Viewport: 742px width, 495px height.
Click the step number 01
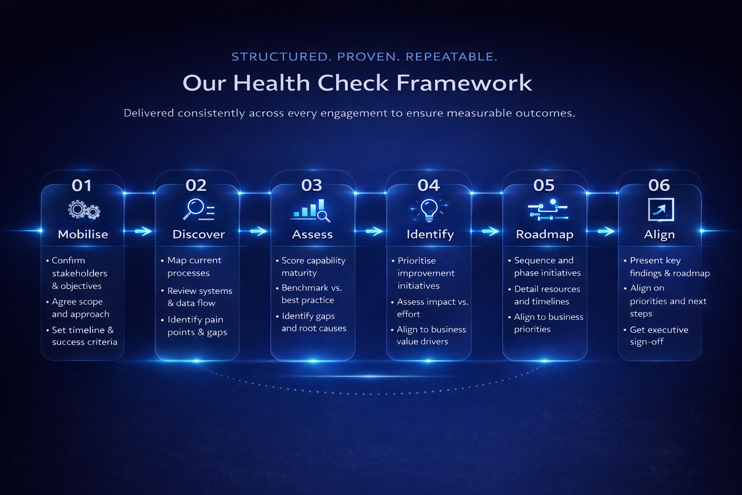click(x=82, y=185)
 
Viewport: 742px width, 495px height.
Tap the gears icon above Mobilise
click(x=84, y=210)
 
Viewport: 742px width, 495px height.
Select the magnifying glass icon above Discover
click(x=198, y=210)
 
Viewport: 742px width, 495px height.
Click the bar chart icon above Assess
click(x=311, y=210)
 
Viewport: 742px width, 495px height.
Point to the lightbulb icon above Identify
click(x=429, y=209)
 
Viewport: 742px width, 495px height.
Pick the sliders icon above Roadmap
click(x=547, y=210)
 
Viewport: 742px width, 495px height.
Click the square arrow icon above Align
click(x=660, y=210)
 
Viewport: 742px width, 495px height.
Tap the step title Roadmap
click(x=544, y=234)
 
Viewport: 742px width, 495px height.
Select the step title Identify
click(x=430, y=234)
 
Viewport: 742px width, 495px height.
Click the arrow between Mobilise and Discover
click(x=142, y=231)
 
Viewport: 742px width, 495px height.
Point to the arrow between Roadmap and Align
click(x=606, y=231)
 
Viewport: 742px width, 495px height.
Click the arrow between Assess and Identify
click(x=374, y=231)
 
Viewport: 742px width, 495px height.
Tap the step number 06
click(x=659, y=185)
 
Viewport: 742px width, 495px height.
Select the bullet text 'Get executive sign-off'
click(x=658, y=335)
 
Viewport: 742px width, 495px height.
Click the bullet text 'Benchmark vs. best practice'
click(x=311, y=294)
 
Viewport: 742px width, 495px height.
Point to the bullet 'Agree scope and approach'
click(x=80, y=308)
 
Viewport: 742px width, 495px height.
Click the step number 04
click(x=428, y=185)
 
